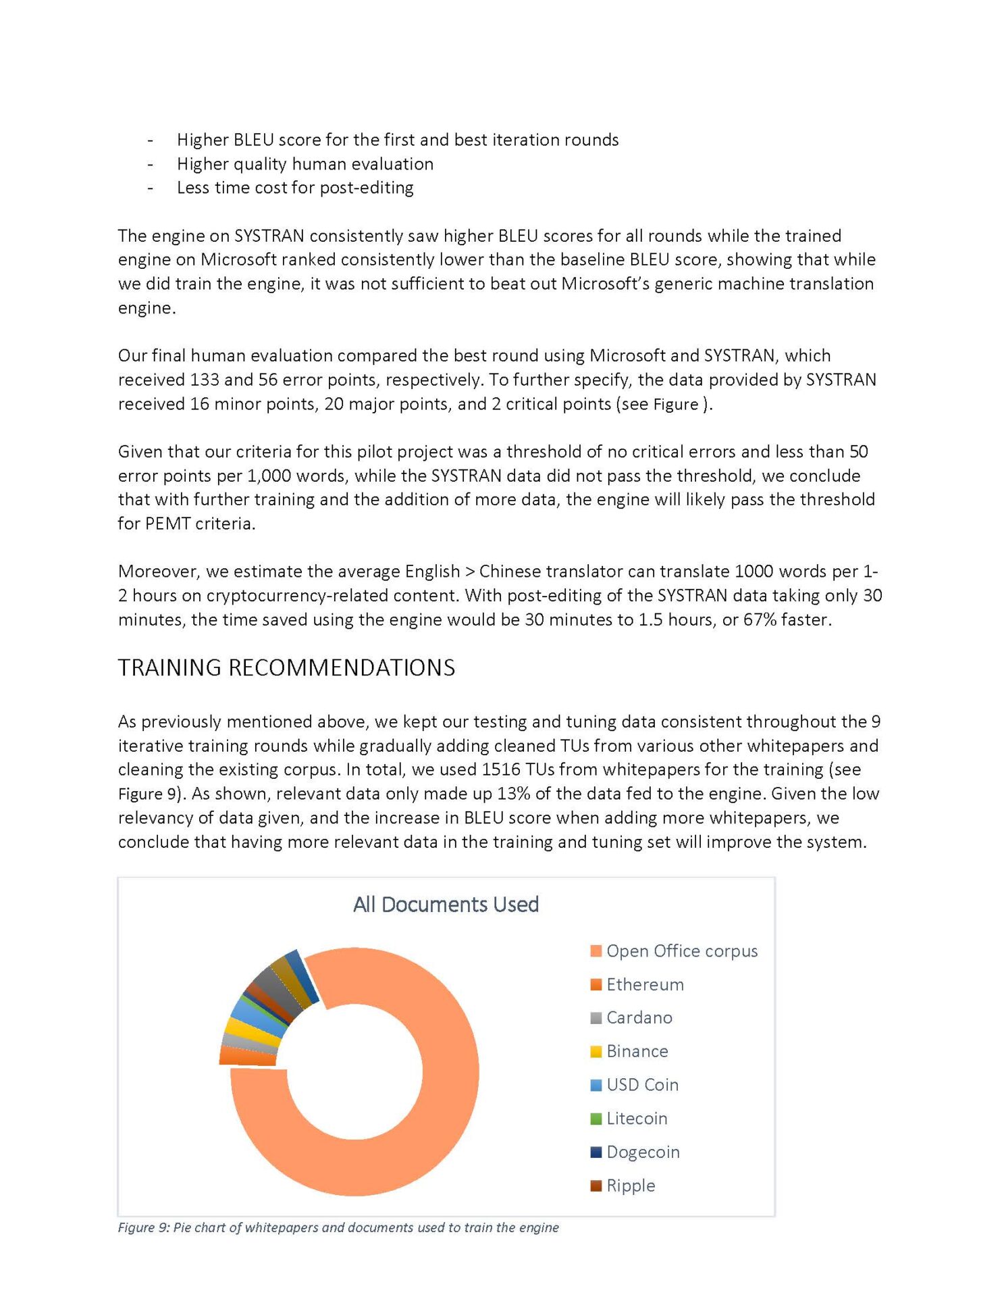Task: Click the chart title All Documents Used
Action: tap(446, 904)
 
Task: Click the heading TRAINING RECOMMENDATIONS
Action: tap(286, 667)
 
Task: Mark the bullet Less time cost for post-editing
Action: tap(295, 188)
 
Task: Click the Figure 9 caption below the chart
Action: tap(338, 1227)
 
